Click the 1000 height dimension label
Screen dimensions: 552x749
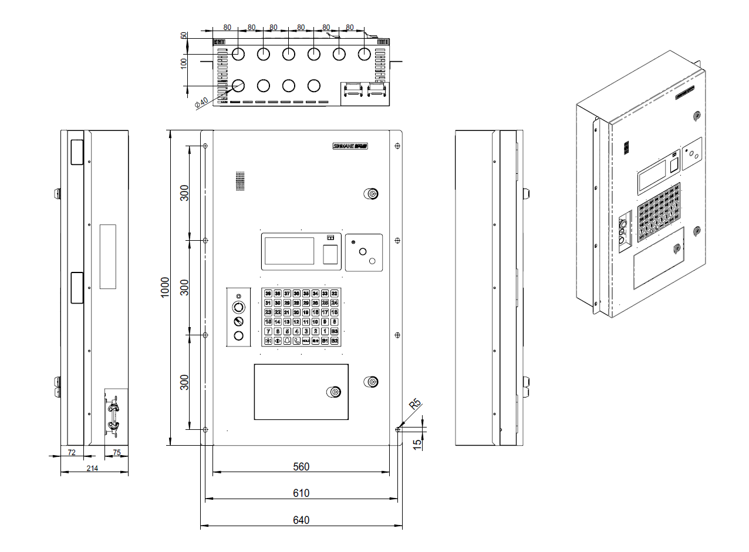[166, 287]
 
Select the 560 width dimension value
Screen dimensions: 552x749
[301, 467]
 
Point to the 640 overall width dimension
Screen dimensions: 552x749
[301, 520]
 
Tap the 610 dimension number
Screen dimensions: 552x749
[301, 493]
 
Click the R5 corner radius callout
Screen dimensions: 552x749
[415, 405]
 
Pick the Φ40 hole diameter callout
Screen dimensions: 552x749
[201, 102]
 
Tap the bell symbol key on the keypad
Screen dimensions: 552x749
[287, 341]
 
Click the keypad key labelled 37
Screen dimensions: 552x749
[287, 293]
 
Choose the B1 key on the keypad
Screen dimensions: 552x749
[325, 341]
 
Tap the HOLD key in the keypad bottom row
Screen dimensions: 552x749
[306, 341]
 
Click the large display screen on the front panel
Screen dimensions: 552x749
[289, 251]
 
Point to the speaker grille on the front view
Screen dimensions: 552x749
[239, 181]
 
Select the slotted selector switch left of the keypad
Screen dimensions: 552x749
[238, 321]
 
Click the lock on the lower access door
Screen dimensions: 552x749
[333, 392]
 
